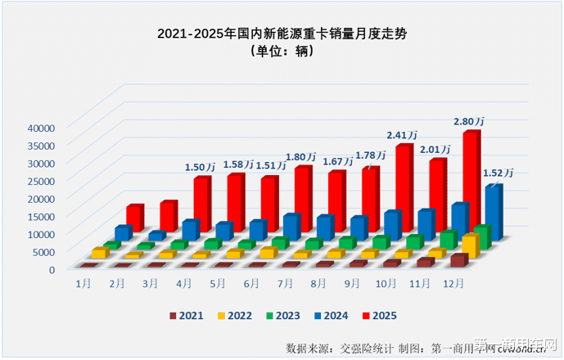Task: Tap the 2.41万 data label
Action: [403, 135]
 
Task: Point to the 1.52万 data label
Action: [498, 173]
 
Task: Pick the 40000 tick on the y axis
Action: [39, 128]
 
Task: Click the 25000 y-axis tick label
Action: [39, 180]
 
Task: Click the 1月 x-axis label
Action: [83, 283]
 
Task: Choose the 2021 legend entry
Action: [186, 315]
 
